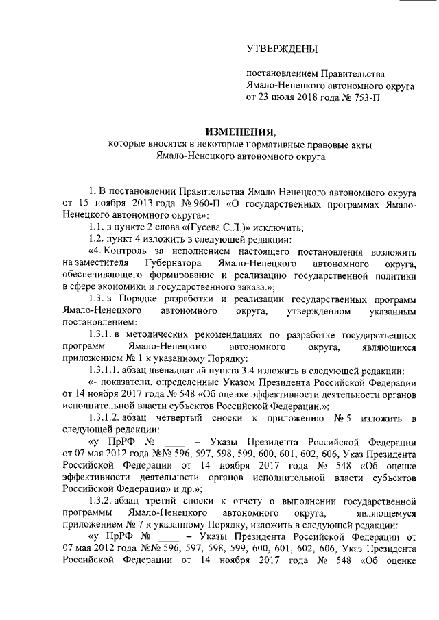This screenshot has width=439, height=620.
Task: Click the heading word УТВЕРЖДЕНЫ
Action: click(282, 49)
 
